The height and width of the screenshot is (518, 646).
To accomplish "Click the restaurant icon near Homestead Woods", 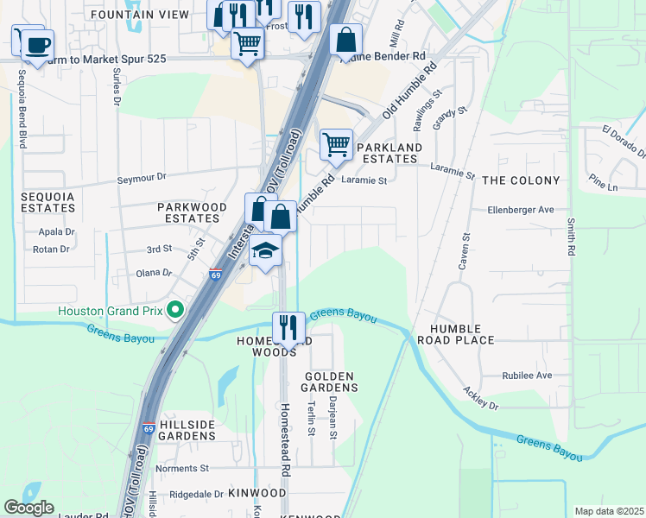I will coord(288,327).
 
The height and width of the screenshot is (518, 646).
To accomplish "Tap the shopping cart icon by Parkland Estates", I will coord(336,144).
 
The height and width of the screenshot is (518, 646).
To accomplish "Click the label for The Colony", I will coord(521,180).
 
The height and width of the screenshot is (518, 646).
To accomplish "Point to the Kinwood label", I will coord(257,493).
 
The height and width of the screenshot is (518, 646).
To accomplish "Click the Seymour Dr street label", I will coord(141,179).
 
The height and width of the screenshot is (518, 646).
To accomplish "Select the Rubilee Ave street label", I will coord(527,376).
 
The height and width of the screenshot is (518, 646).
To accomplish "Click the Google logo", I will coord(28,508).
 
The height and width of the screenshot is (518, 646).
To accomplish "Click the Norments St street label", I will coord(182,469).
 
